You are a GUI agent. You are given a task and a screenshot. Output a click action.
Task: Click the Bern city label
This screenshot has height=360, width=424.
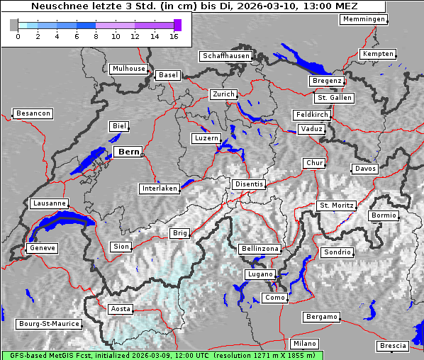point(128,152)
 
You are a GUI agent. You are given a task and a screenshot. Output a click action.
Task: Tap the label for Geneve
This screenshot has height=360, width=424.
point(42,248)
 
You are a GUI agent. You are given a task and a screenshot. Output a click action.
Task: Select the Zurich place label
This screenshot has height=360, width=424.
point(223,94)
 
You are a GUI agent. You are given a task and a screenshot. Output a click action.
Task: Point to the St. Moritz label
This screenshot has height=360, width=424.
point(336,206)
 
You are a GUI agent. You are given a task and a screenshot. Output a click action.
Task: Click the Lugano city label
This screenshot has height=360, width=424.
point(260,274)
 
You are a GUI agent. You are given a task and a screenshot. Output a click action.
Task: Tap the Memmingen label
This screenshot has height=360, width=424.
point(364,19)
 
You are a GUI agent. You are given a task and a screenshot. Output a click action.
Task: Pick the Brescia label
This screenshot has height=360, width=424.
point(393,346)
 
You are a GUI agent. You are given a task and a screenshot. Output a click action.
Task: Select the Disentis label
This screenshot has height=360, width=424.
point(248,184)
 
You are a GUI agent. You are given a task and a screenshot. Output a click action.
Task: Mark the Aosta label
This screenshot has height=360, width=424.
point(121,309)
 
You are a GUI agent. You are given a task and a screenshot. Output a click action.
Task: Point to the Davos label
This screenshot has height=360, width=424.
point(365,169)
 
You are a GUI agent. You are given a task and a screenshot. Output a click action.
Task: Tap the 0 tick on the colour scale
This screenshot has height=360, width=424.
point(18,36)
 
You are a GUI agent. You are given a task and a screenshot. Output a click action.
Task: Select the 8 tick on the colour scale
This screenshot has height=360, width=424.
point(96,36)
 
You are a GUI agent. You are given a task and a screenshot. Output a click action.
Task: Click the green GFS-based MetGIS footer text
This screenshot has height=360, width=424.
point(162,355)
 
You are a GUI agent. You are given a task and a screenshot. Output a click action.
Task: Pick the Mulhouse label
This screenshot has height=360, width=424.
point(128,69)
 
